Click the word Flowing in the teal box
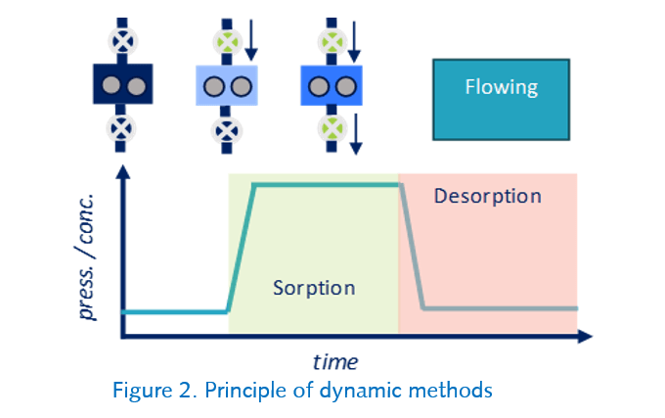500,87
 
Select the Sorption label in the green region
314,289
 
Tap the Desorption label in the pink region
487,196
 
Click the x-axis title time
335,361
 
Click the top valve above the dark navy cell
120,42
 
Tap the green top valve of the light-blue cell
226,42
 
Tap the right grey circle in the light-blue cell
238,88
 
